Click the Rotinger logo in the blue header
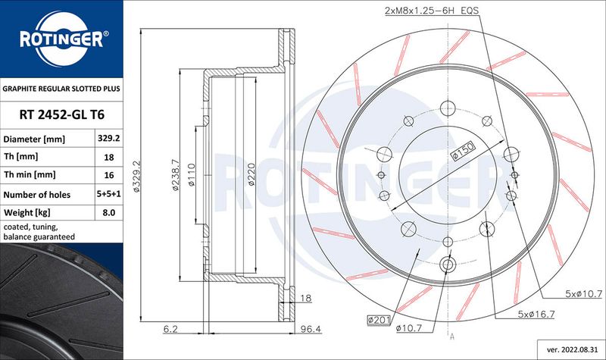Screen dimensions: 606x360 pyautogui.click(x=62, y=39)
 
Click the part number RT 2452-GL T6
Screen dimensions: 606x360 pyautogui.click(x=62, y=114)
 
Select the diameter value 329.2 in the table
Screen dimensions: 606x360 pyautogui.click(x=108, y=139)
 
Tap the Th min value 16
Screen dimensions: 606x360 pyautogui.click(x=109, y=175)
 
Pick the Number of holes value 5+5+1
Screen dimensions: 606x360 pyautogui.click(x=109, y=194)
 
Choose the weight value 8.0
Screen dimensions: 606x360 pyautogui.click(x=109, y=213)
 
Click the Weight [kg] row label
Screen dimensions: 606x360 pyautogui.click(x=27, y=213)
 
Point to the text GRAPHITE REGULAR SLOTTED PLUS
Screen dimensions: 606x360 pyautogui.click(x=61, y=89)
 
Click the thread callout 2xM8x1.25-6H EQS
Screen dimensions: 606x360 pyautogui.click(x=432, y=11)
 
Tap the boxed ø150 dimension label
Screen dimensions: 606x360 pyautogui.click(x=463, y=151)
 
